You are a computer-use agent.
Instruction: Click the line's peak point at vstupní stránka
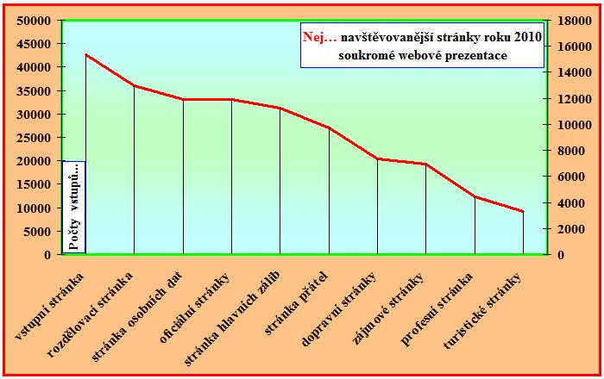click(85, 54)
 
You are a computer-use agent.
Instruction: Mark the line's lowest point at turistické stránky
click(523, 211)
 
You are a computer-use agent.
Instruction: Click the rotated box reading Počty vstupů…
click(74, 207)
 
